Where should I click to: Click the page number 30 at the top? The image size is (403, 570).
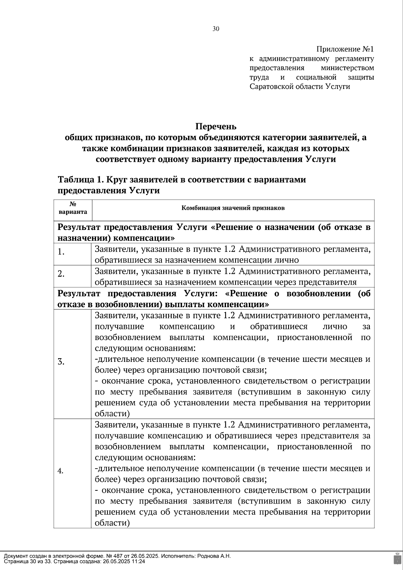216,29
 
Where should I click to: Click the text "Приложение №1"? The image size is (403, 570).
345,49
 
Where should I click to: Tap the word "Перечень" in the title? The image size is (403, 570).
216,127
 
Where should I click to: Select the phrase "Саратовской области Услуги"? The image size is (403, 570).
300,87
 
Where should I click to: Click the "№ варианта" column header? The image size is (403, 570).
73,208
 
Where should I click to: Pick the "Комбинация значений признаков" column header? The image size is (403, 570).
233,208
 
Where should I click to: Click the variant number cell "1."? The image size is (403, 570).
61,252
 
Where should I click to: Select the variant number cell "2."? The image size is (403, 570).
61,274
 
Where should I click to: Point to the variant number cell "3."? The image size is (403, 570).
61,362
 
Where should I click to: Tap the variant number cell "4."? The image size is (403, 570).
61,471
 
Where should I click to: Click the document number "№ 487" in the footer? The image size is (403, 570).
104,556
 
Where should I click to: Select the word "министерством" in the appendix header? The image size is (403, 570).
347,68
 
